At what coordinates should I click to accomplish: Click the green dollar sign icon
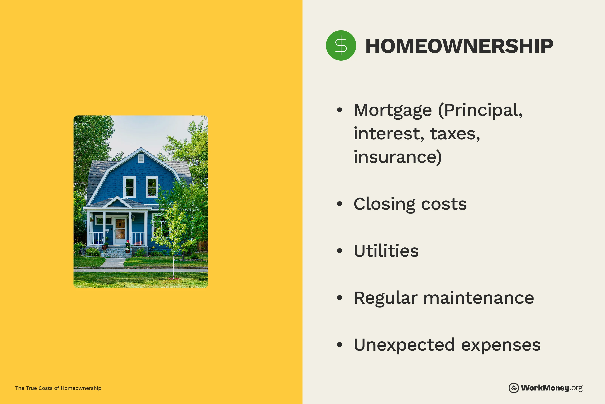point(341,46)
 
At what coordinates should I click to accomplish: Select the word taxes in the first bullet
point(455,134)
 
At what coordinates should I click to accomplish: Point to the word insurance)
point(397,157)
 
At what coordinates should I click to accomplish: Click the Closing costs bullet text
point(410,204)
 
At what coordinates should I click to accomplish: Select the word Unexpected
point(404,345)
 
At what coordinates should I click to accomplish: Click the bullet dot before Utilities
point(340,251)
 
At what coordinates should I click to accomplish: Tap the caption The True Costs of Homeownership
point(58,388)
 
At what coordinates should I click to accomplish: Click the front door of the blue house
point(120,230)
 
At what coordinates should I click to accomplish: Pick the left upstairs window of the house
point(129,187)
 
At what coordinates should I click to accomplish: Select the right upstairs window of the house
point(152,187)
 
